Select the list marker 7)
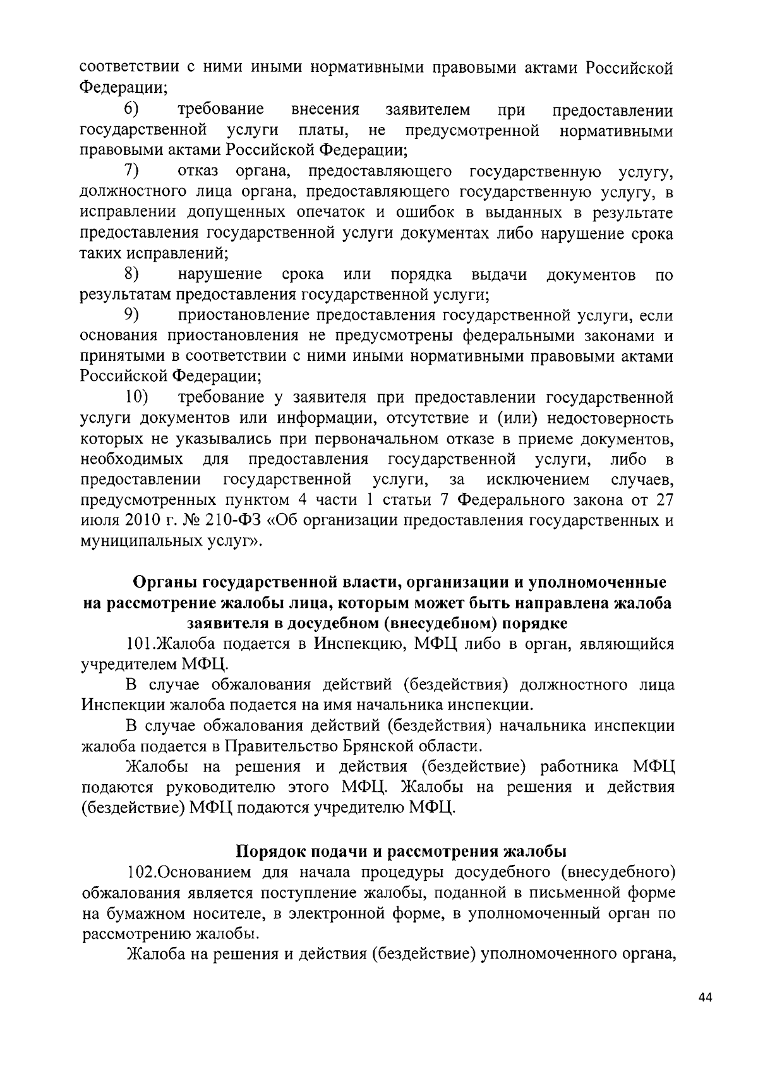[x=131, y=171]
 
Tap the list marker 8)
[x=131, y=274]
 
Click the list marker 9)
[x=131, y=315]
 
